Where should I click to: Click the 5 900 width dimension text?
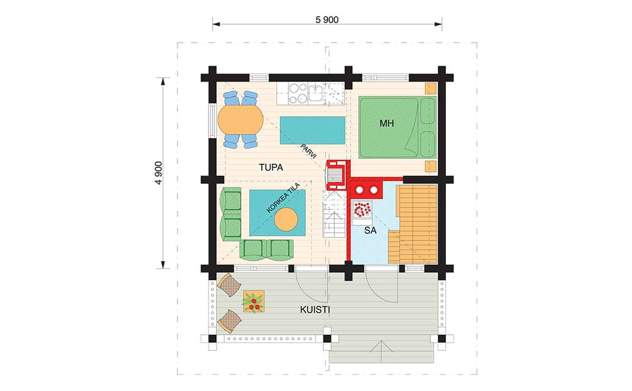[x=327, y=20]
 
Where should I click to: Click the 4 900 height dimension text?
[x=159, y=173]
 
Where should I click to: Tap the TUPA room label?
[x=271, y=167]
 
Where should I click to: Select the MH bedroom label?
[x=387, y=124]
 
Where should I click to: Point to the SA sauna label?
[x=370, y=231]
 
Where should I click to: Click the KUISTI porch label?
[x=315, y=310]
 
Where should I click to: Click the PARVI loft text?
[x=309, y=151]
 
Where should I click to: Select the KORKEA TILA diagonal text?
[x=283, y=198]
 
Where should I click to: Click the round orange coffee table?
[x=286, y=220]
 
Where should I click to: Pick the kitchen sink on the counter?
[x=315, y=93]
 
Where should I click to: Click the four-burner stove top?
[x=298, y=93]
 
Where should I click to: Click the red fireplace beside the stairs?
[x=337, y=175]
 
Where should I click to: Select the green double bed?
[x=398, y=127]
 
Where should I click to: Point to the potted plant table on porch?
[x=253, y=302]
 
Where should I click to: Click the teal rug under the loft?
[x=313, y=131]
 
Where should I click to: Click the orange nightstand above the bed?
[x=431, y=89]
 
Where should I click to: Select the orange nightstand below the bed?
[x=431, y=166]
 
